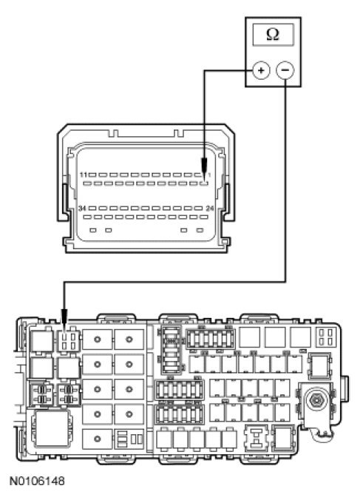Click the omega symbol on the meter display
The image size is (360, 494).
(273, 35)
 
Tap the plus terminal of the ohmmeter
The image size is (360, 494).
(261, 70)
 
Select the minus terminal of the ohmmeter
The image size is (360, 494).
(285, 70)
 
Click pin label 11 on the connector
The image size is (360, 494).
(84, 175)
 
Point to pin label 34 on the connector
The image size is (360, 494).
(83, 209)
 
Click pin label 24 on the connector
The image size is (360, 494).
(210, 209)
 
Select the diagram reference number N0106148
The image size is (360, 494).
(37, 481)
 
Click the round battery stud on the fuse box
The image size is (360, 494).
(316, 400)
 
